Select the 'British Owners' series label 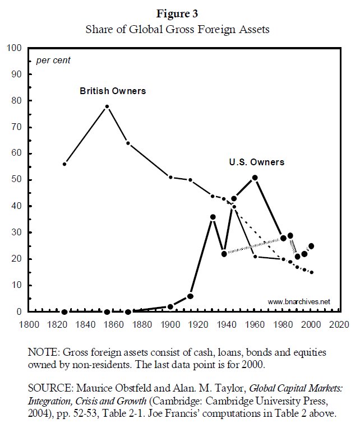point(112,90)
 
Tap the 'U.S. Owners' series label point(256,162)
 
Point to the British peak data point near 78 point(107,106)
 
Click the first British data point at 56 point(64,164)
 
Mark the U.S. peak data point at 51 point(255,178)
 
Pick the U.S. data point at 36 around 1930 point(213,217)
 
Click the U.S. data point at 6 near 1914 point(190,296)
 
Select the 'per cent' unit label point(53,60)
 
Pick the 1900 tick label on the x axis point(169,324)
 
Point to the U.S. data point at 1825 point(64,311)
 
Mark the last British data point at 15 point(311,272)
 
